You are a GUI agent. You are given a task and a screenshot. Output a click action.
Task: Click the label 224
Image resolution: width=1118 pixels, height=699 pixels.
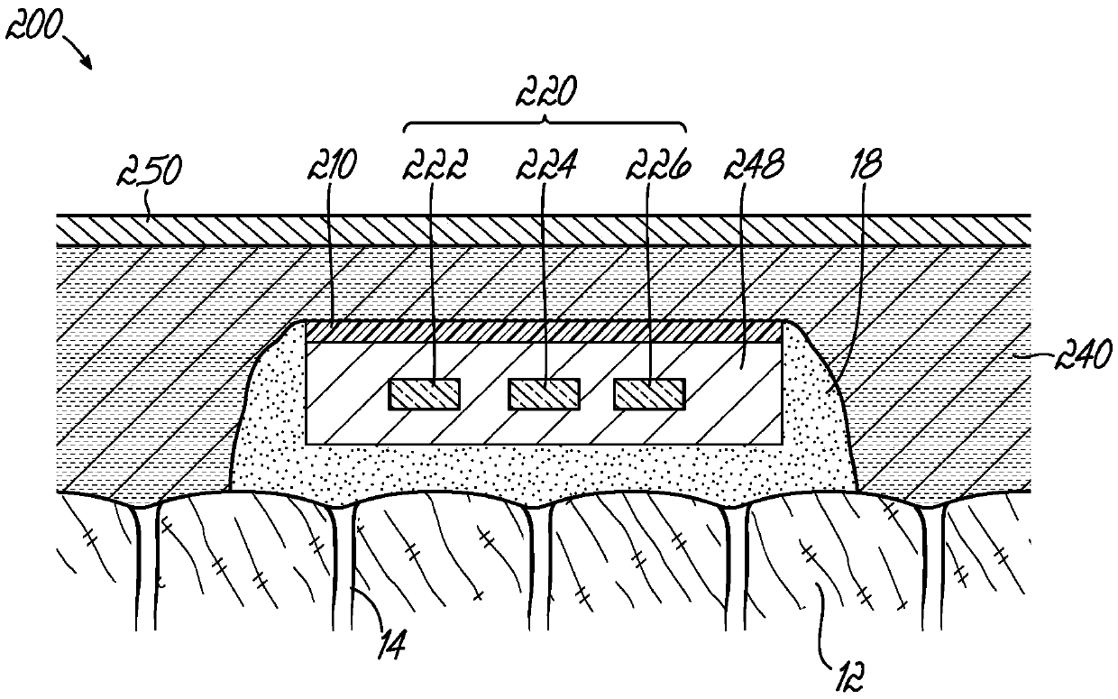point(544,166)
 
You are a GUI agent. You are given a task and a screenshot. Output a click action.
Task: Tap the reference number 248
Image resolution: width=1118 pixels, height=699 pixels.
point(756,166)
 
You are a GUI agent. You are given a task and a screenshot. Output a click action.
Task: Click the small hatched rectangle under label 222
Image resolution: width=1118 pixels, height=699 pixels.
point(425,394)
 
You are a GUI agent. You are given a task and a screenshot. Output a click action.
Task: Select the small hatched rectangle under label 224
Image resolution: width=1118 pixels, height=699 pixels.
point(544,394)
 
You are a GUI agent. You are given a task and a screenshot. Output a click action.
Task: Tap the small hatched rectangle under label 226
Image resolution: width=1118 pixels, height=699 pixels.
point(649,394)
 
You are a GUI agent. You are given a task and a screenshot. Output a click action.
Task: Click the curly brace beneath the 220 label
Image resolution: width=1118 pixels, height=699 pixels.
point(545,123)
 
